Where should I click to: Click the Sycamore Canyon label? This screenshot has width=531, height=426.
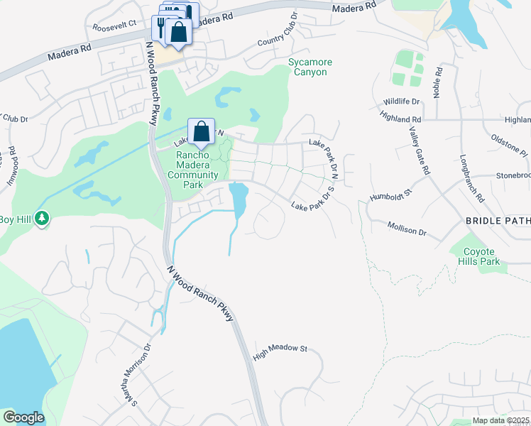pos(310,67)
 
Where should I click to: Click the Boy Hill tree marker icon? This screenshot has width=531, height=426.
pos(43,218)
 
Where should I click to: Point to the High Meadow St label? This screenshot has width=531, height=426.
pos(279,351)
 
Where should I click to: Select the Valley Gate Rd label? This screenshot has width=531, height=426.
pos(420,150)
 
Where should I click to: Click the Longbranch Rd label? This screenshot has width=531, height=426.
pos(471,177)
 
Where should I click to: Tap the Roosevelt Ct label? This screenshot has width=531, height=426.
pos(113,27)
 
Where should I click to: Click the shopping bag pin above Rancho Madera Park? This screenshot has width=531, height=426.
pos(201,131)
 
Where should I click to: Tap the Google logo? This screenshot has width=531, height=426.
pos(23,417)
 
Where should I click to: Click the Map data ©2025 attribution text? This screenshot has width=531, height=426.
pos(500,420)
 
